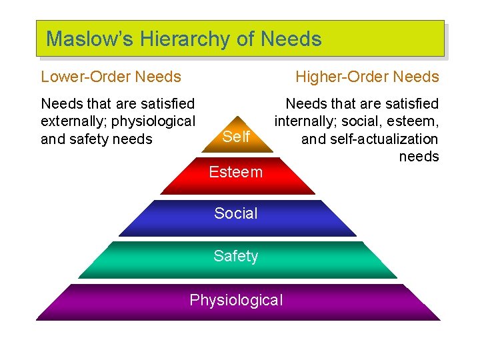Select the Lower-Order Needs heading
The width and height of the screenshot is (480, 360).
click(111, 77)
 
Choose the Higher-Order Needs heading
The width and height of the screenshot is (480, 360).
click(367, 77)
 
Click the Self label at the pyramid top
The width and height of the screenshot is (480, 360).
click(236, 137)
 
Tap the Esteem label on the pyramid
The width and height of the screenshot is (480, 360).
click(236, 172)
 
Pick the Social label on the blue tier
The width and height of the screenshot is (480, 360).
click(236, 213)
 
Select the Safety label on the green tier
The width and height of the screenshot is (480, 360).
click(236, 256)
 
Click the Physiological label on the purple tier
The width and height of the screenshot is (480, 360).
click(236, 300)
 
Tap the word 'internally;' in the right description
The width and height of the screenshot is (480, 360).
click(305, 121)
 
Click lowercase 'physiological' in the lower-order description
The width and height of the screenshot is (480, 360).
click(155, 121)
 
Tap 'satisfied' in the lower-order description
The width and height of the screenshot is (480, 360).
click(166, 103)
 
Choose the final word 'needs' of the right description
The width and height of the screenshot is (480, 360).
click(419, 157)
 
